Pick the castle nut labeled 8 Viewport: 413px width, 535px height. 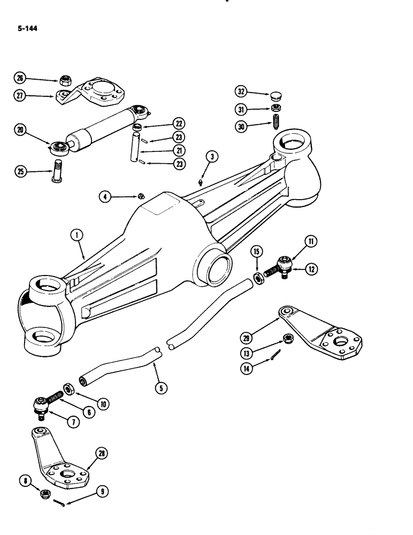point(45,492)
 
